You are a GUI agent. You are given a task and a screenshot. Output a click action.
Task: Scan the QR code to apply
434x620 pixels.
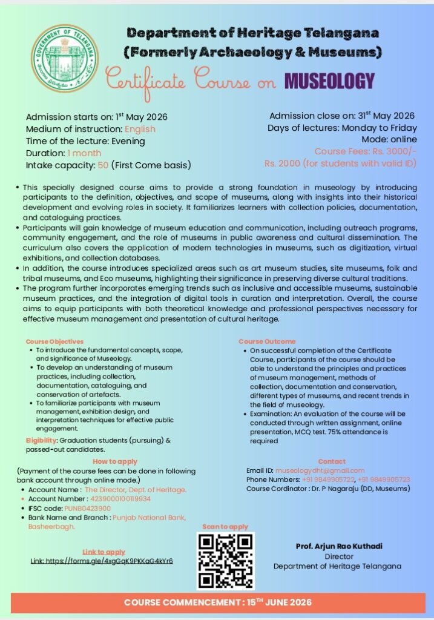click(226, 561)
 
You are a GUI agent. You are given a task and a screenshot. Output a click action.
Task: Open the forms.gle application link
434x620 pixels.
click(102, 561)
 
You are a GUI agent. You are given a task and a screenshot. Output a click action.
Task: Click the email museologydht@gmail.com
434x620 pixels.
click(320, 470)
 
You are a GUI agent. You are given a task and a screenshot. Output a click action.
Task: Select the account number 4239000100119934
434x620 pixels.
click(120, 499)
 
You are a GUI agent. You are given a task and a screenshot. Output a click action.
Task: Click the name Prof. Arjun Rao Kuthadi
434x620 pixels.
click(330, 546)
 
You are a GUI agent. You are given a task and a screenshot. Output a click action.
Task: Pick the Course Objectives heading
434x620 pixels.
click(54, 341)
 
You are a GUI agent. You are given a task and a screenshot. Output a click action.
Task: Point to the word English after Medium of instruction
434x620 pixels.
click(140, 129)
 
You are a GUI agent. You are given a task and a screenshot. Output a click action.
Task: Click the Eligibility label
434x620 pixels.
click(41, 440)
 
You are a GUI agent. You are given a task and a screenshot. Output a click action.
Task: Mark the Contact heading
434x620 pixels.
click(331, 461)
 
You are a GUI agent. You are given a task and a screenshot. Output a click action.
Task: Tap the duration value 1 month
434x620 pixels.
click(84, 153)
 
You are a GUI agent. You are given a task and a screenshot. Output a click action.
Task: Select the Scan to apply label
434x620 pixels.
click(225, 527)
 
